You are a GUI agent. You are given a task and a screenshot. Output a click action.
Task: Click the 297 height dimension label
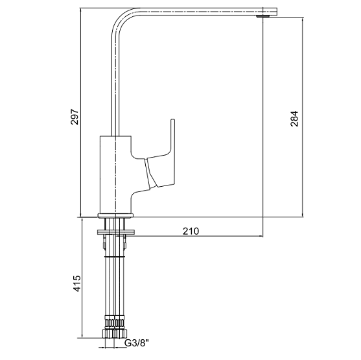[x=75, y=117]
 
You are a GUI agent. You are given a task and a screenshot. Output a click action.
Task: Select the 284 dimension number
[x=294, y=119]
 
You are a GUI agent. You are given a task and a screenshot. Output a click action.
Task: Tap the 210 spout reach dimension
[x=191, y=231]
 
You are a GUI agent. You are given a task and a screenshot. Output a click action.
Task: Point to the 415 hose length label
[x=77, y=283]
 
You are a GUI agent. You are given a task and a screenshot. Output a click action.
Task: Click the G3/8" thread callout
[x=137, y=343]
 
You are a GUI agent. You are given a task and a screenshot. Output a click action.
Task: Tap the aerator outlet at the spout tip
[x=264, y=16]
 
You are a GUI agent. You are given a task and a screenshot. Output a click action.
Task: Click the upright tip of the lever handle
[x=172, y=120]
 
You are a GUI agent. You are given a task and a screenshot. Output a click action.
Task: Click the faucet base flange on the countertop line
[x=115, y=215]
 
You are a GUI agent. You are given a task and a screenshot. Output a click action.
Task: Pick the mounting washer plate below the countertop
[x=115, y=232]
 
